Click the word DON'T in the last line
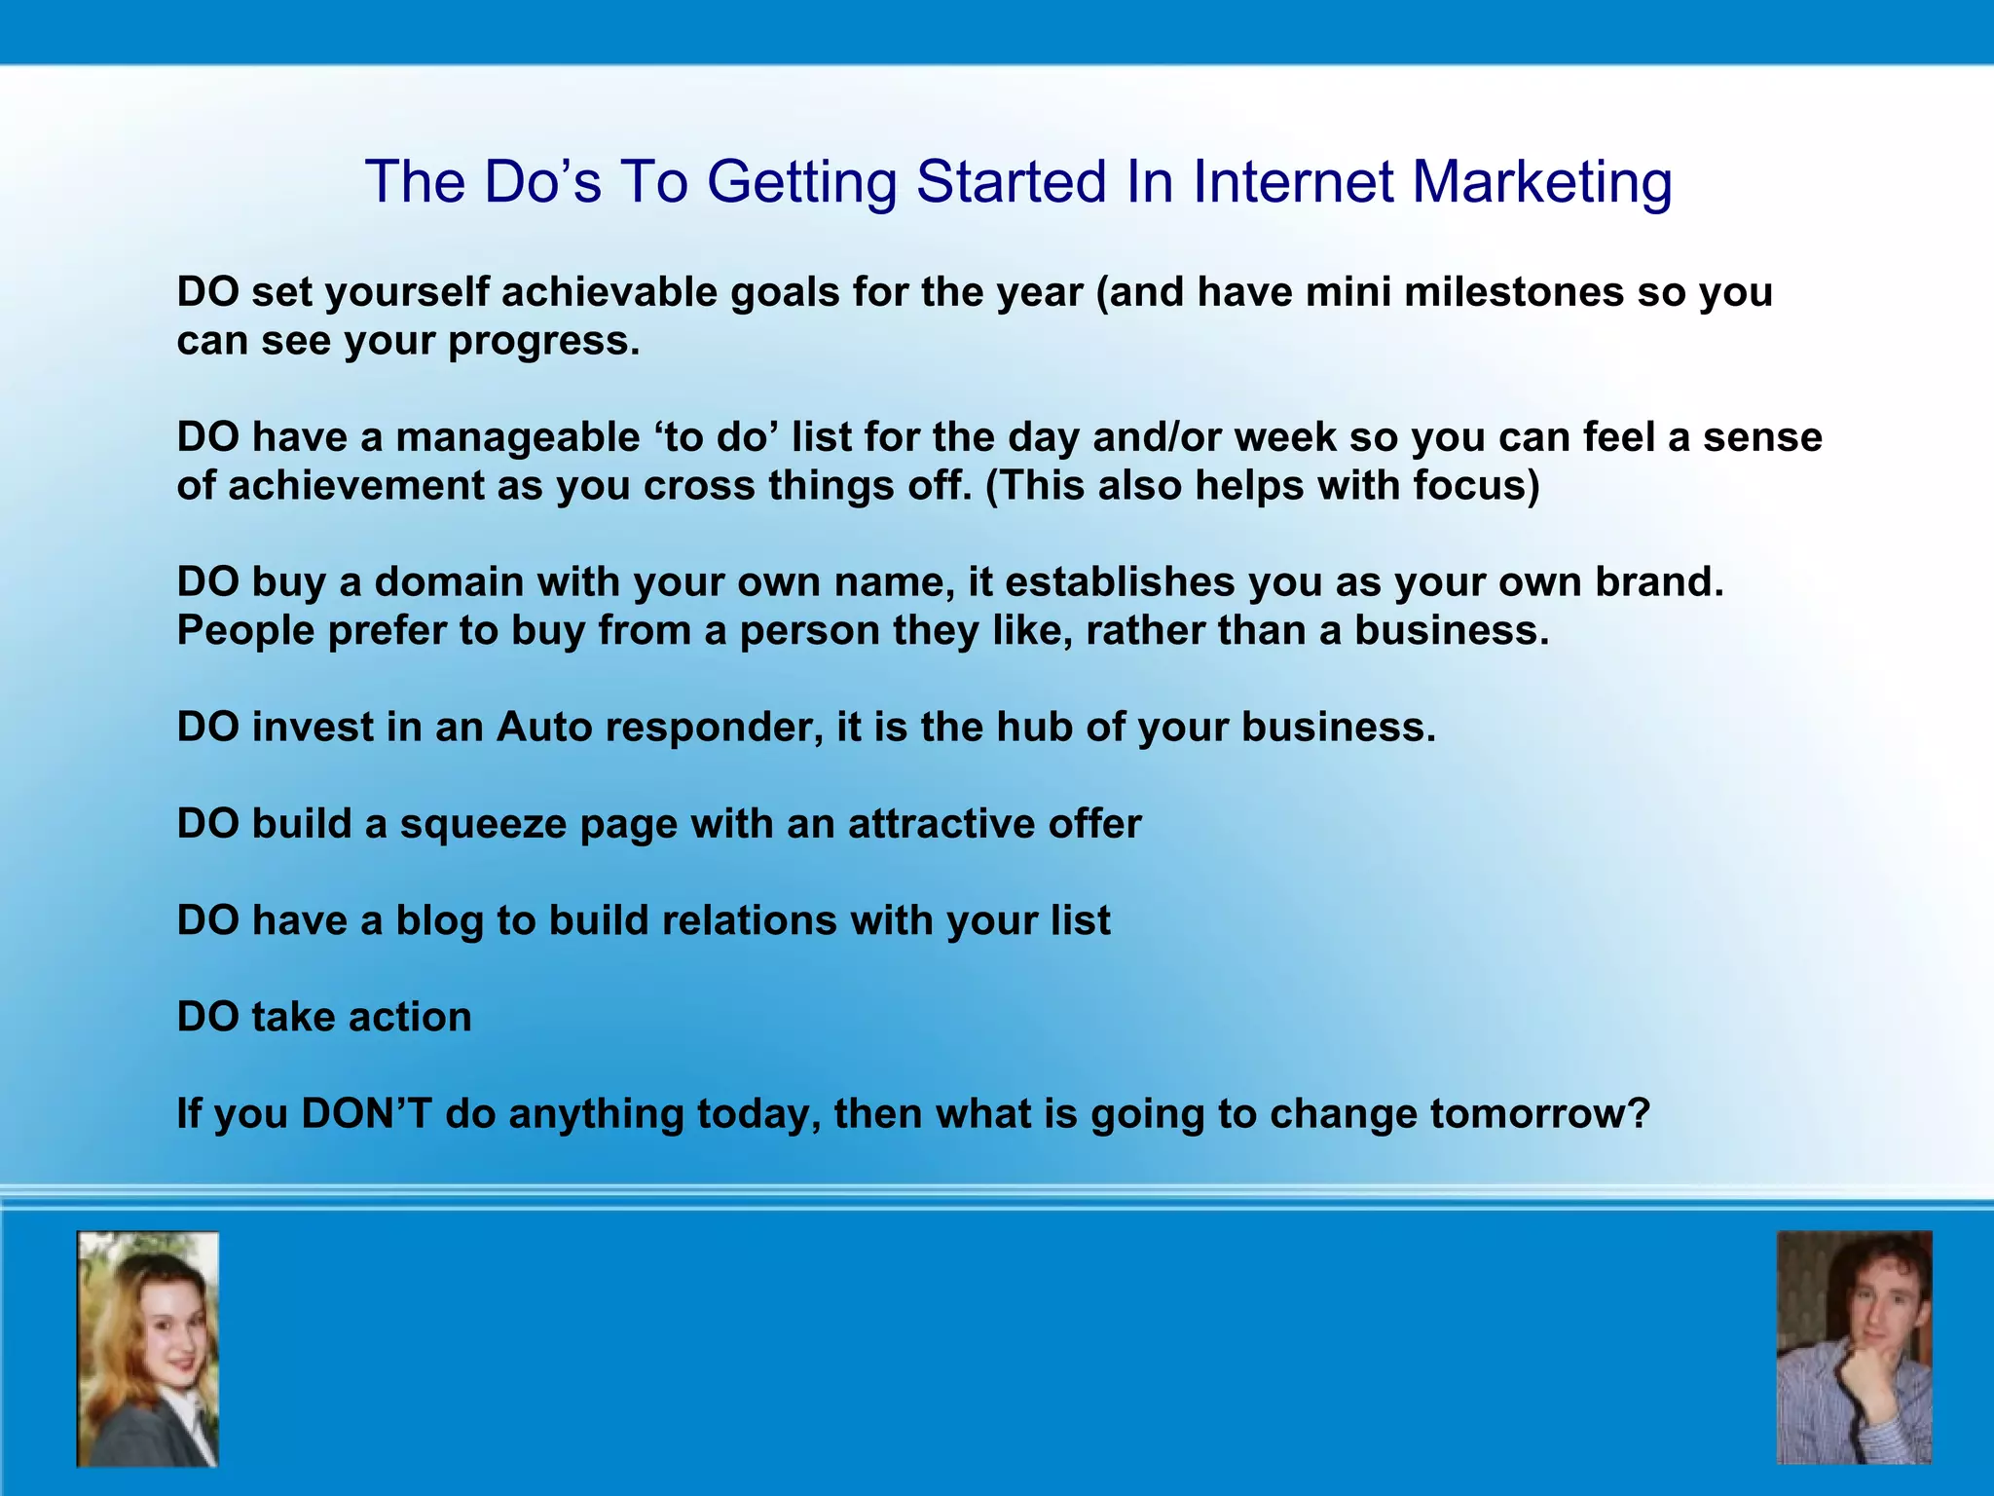(366, 1113)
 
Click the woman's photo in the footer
(148, 1349)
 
